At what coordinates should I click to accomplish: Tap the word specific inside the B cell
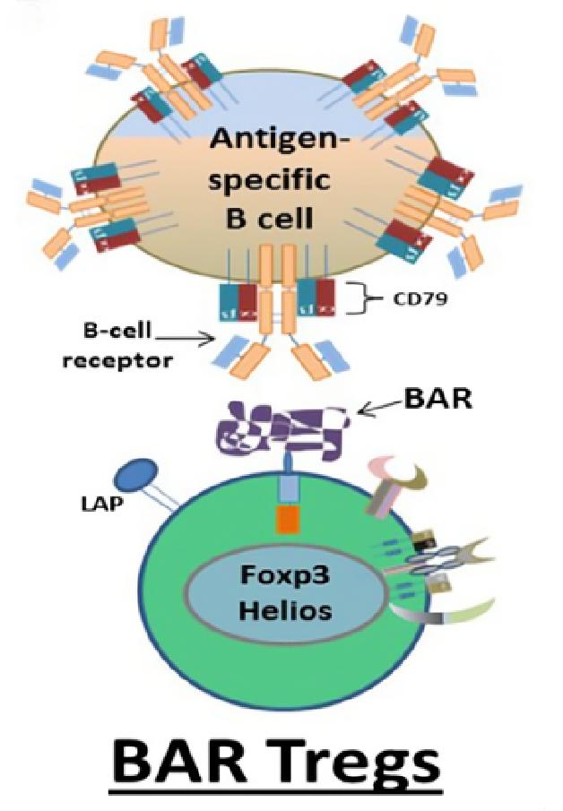pos(280,179)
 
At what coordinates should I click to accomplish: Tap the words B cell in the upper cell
pos(280,218)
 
